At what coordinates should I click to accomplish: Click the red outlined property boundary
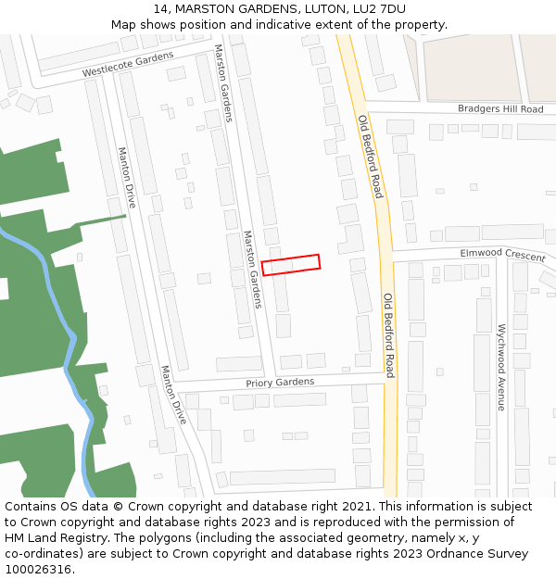(x=291, y=264)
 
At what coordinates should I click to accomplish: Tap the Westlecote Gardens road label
(x=128, y=65)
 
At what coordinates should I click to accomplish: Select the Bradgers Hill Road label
(x=500, y=109)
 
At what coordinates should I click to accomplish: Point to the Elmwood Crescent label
(x=503, y=254)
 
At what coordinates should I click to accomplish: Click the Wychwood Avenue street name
(x=501, y=367)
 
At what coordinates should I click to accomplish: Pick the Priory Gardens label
(x=280, y=383)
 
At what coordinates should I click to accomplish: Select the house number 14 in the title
(x=162, y=8)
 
